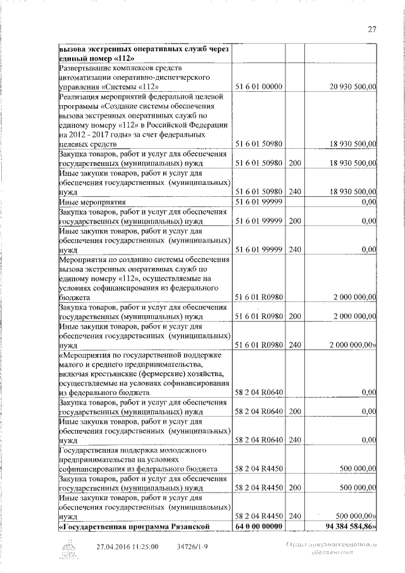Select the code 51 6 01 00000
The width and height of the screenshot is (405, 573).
[258, 86]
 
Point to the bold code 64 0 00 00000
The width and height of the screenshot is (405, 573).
[258, 527]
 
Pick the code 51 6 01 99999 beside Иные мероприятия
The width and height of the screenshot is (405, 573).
[258, 201]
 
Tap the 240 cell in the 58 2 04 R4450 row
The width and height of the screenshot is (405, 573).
[294, 517]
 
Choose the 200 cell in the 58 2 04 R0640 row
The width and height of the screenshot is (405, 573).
[294, 412]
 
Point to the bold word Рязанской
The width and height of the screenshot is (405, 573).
[204, 527]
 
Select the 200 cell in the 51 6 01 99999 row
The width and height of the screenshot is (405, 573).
[294, 220]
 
